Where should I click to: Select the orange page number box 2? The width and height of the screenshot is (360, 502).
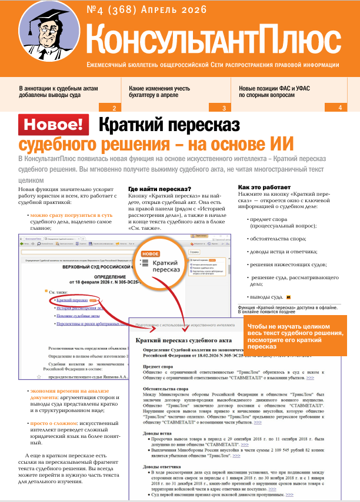coord(114,108)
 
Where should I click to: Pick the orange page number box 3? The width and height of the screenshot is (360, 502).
coord(224,108)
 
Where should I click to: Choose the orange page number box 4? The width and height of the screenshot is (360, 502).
coord(340,108)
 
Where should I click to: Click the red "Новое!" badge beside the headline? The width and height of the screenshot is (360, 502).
coord(54,125)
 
